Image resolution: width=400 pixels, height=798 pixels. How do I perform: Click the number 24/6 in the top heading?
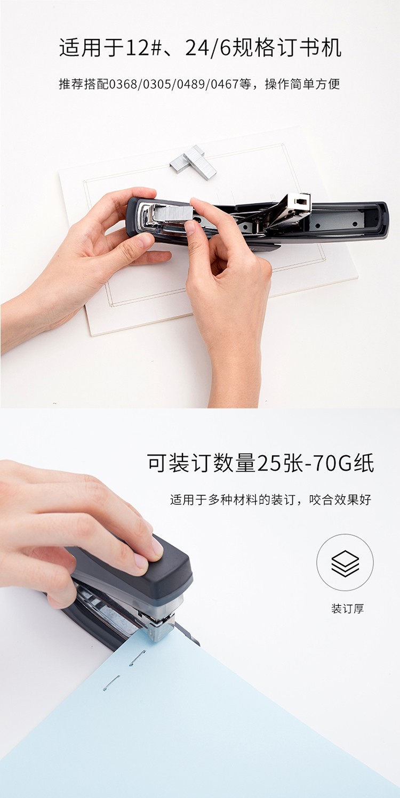[208, 48]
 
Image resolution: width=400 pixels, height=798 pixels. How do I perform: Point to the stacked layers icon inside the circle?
[345, 563]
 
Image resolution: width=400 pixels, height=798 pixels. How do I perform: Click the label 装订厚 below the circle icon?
[347, 608]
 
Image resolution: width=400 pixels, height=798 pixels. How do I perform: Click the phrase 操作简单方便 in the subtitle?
[302, 84]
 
